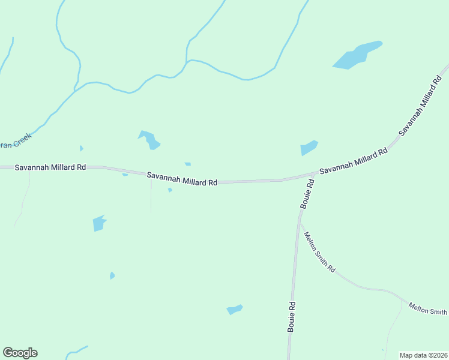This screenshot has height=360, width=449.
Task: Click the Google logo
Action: [20, 353]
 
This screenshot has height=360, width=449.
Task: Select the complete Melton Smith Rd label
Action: [319, 253]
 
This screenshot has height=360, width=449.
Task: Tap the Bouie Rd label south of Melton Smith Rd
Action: [292, 316]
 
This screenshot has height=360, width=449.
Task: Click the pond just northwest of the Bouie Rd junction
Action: [309, 148]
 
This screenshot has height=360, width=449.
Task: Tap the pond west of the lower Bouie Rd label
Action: [235, 310]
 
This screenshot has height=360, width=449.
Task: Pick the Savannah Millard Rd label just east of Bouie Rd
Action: [354, 163]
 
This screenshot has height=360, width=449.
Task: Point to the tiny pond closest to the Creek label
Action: [81, 148]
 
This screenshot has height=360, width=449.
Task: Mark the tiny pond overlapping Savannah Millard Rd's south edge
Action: [125, 175]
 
